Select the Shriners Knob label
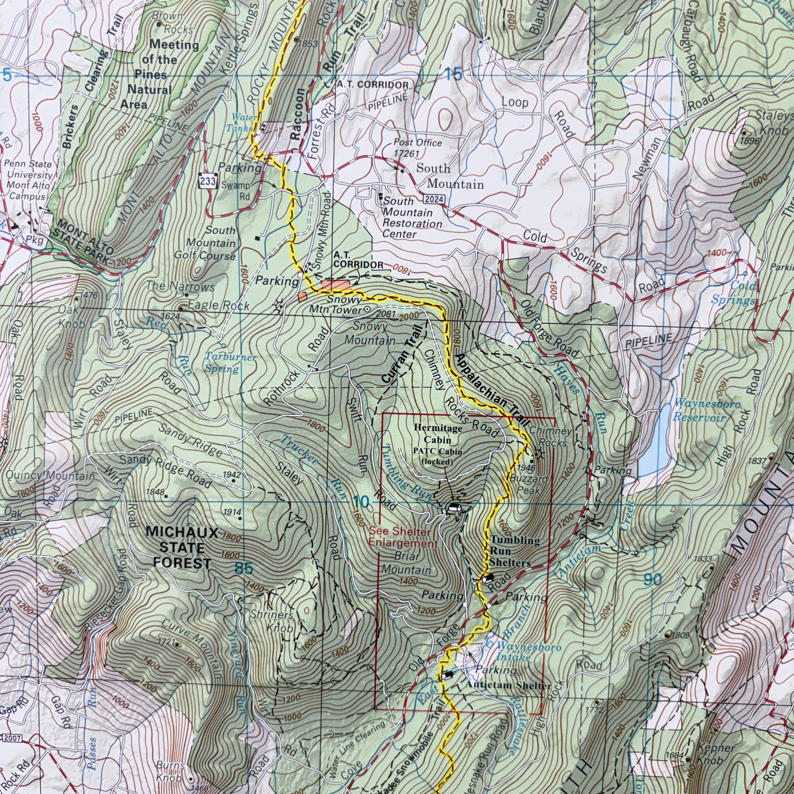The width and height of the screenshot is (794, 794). coord(273,621)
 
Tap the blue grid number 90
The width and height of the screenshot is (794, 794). coord(653,580)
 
